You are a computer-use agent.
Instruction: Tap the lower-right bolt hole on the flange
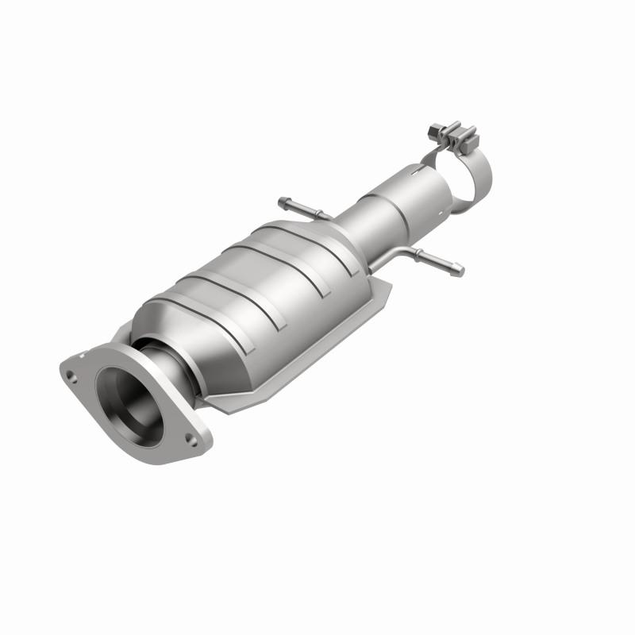point(190,436)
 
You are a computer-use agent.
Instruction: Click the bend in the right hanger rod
point(403,252)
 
